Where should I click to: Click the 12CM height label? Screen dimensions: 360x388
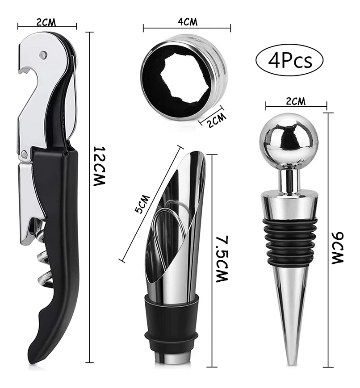pos(99,166)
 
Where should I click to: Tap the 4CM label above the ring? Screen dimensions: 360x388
pos(188,21)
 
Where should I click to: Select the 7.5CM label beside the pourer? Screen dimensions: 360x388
pos(222,259)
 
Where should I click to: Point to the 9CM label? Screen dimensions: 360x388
pos(337,248)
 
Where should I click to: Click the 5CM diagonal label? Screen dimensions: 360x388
pos(142,204)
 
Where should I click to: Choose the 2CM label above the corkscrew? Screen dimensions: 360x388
pos(46,22)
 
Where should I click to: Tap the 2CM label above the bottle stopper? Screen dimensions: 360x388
pos(296,101)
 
